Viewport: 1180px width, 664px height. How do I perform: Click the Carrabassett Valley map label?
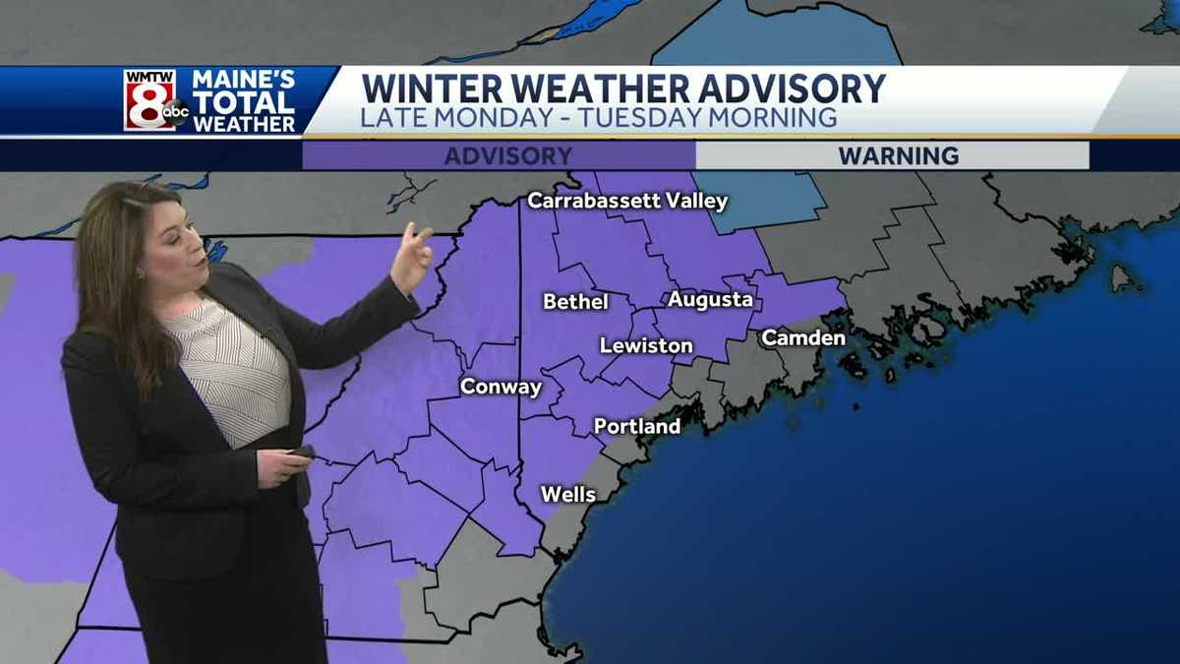[627, 201]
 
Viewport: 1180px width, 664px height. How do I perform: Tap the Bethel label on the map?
[575, 301]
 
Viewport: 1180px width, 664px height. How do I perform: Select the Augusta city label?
[710, 299]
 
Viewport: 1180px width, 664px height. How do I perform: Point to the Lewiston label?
[646, 345]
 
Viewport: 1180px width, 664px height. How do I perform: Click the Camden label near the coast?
[803, 337]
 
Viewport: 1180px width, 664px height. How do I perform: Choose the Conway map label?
[501, 387]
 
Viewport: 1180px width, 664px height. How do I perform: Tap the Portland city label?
[637, 426]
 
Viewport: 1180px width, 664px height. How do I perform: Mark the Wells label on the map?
[568, 494]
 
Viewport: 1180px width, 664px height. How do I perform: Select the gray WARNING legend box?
[892, 155]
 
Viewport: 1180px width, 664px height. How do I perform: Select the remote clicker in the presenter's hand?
[300, 453]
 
